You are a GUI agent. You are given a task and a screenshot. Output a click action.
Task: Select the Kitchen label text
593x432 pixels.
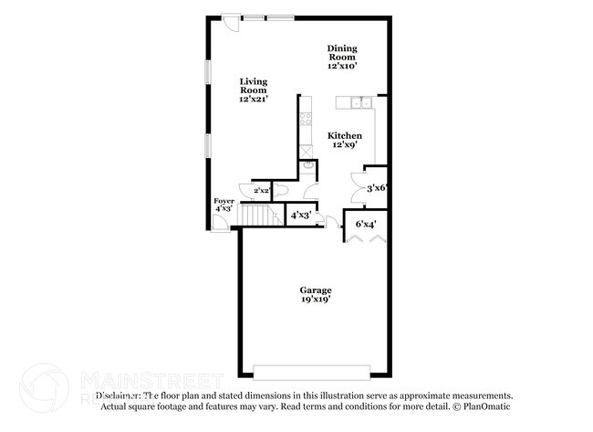(344, 140)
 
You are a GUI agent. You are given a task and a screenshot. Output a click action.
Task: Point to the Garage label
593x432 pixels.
(316, 290)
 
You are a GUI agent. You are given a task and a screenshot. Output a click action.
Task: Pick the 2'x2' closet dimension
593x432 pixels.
(262, 190)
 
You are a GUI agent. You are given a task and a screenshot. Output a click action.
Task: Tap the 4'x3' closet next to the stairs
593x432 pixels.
(299, 216)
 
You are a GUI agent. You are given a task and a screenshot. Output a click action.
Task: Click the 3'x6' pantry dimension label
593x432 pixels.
(377, 188)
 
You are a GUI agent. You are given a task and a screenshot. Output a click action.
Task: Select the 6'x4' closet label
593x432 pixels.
(365, 223)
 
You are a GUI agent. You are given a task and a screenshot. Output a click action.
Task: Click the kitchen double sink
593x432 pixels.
(357, 101)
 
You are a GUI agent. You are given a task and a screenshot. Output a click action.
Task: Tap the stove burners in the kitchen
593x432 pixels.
(307, 120)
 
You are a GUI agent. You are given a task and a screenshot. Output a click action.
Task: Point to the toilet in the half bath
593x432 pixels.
(282, 189)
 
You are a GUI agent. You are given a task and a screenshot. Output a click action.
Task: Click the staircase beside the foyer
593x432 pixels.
(260, 216)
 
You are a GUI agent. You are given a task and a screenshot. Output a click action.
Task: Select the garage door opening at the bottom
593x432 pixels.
(315, 373)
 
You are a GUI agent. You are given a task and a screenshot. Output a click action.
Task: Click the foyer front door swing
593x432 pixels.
(220, 222)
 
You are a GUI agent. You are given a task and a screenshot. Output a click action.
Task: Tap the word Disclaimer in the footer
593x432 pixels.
(120, 395)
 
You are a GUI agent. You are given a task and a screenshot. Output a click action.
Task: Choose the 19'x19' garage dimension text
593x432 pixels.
(316, 299)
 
